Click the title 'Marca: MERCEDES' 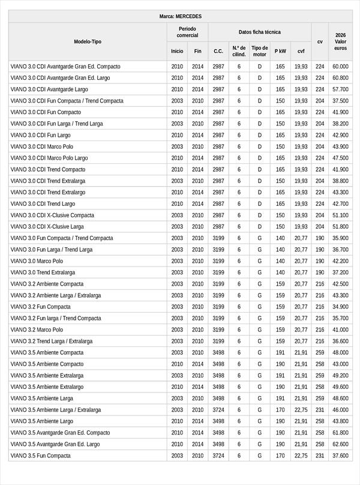pos(181,16)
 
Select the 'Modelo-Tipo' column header pos(88,41)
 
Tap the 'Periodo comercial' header pos(187,32)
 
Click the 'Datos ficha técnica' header pos(259,32)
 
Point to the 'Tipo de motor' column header pos(260,51)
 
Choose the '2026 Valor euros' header pos(340,41)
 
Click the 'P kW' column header pos(280,51)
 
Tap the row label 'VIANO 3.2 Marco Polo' pos(37,330)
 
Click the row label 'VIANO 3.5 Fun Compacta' pos(40,456)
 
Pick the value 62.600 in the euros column pos(340,444)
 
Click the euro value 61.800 pos(340,433)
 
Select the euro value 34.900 pos(340,307)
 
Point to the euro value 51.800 pos(340,227)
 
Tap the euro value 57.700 pos(340,89)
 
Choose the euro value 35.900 pos(340,238)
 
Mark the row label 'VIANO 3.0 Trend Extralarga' pos(43,273)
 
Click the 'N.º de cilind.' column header pos(239,51)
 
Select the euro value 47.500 pos(340,158)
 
